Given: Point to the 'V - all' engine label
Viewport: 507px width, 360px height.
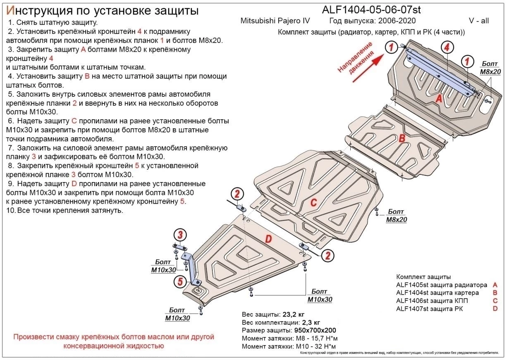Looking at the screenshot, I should coord(478,21).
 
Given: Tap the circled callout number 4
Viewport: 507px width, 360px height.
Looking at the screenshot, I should coord(447,48).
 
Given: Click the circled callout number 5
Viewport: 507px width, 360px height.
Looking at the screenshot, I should coord(179,282).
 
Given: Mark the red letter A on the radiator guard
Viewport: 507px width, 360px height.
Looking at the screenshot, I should coord(439,98).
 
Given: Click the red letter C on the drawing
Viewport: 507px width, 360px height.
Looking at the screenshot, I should coord(313,202).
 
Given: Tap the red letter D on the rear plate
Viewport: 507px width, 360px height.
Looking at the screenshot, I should coord(268,239).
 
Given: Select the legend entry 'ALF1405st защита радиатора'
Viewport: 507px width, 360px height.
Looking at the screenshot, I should coord(441,285).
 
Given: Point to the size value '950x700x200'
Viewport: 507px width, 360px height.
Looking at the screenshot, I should coord(315,330).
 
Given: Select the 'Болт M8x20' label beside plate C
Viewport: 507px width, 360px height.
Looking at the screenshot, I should coord(396,216).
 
